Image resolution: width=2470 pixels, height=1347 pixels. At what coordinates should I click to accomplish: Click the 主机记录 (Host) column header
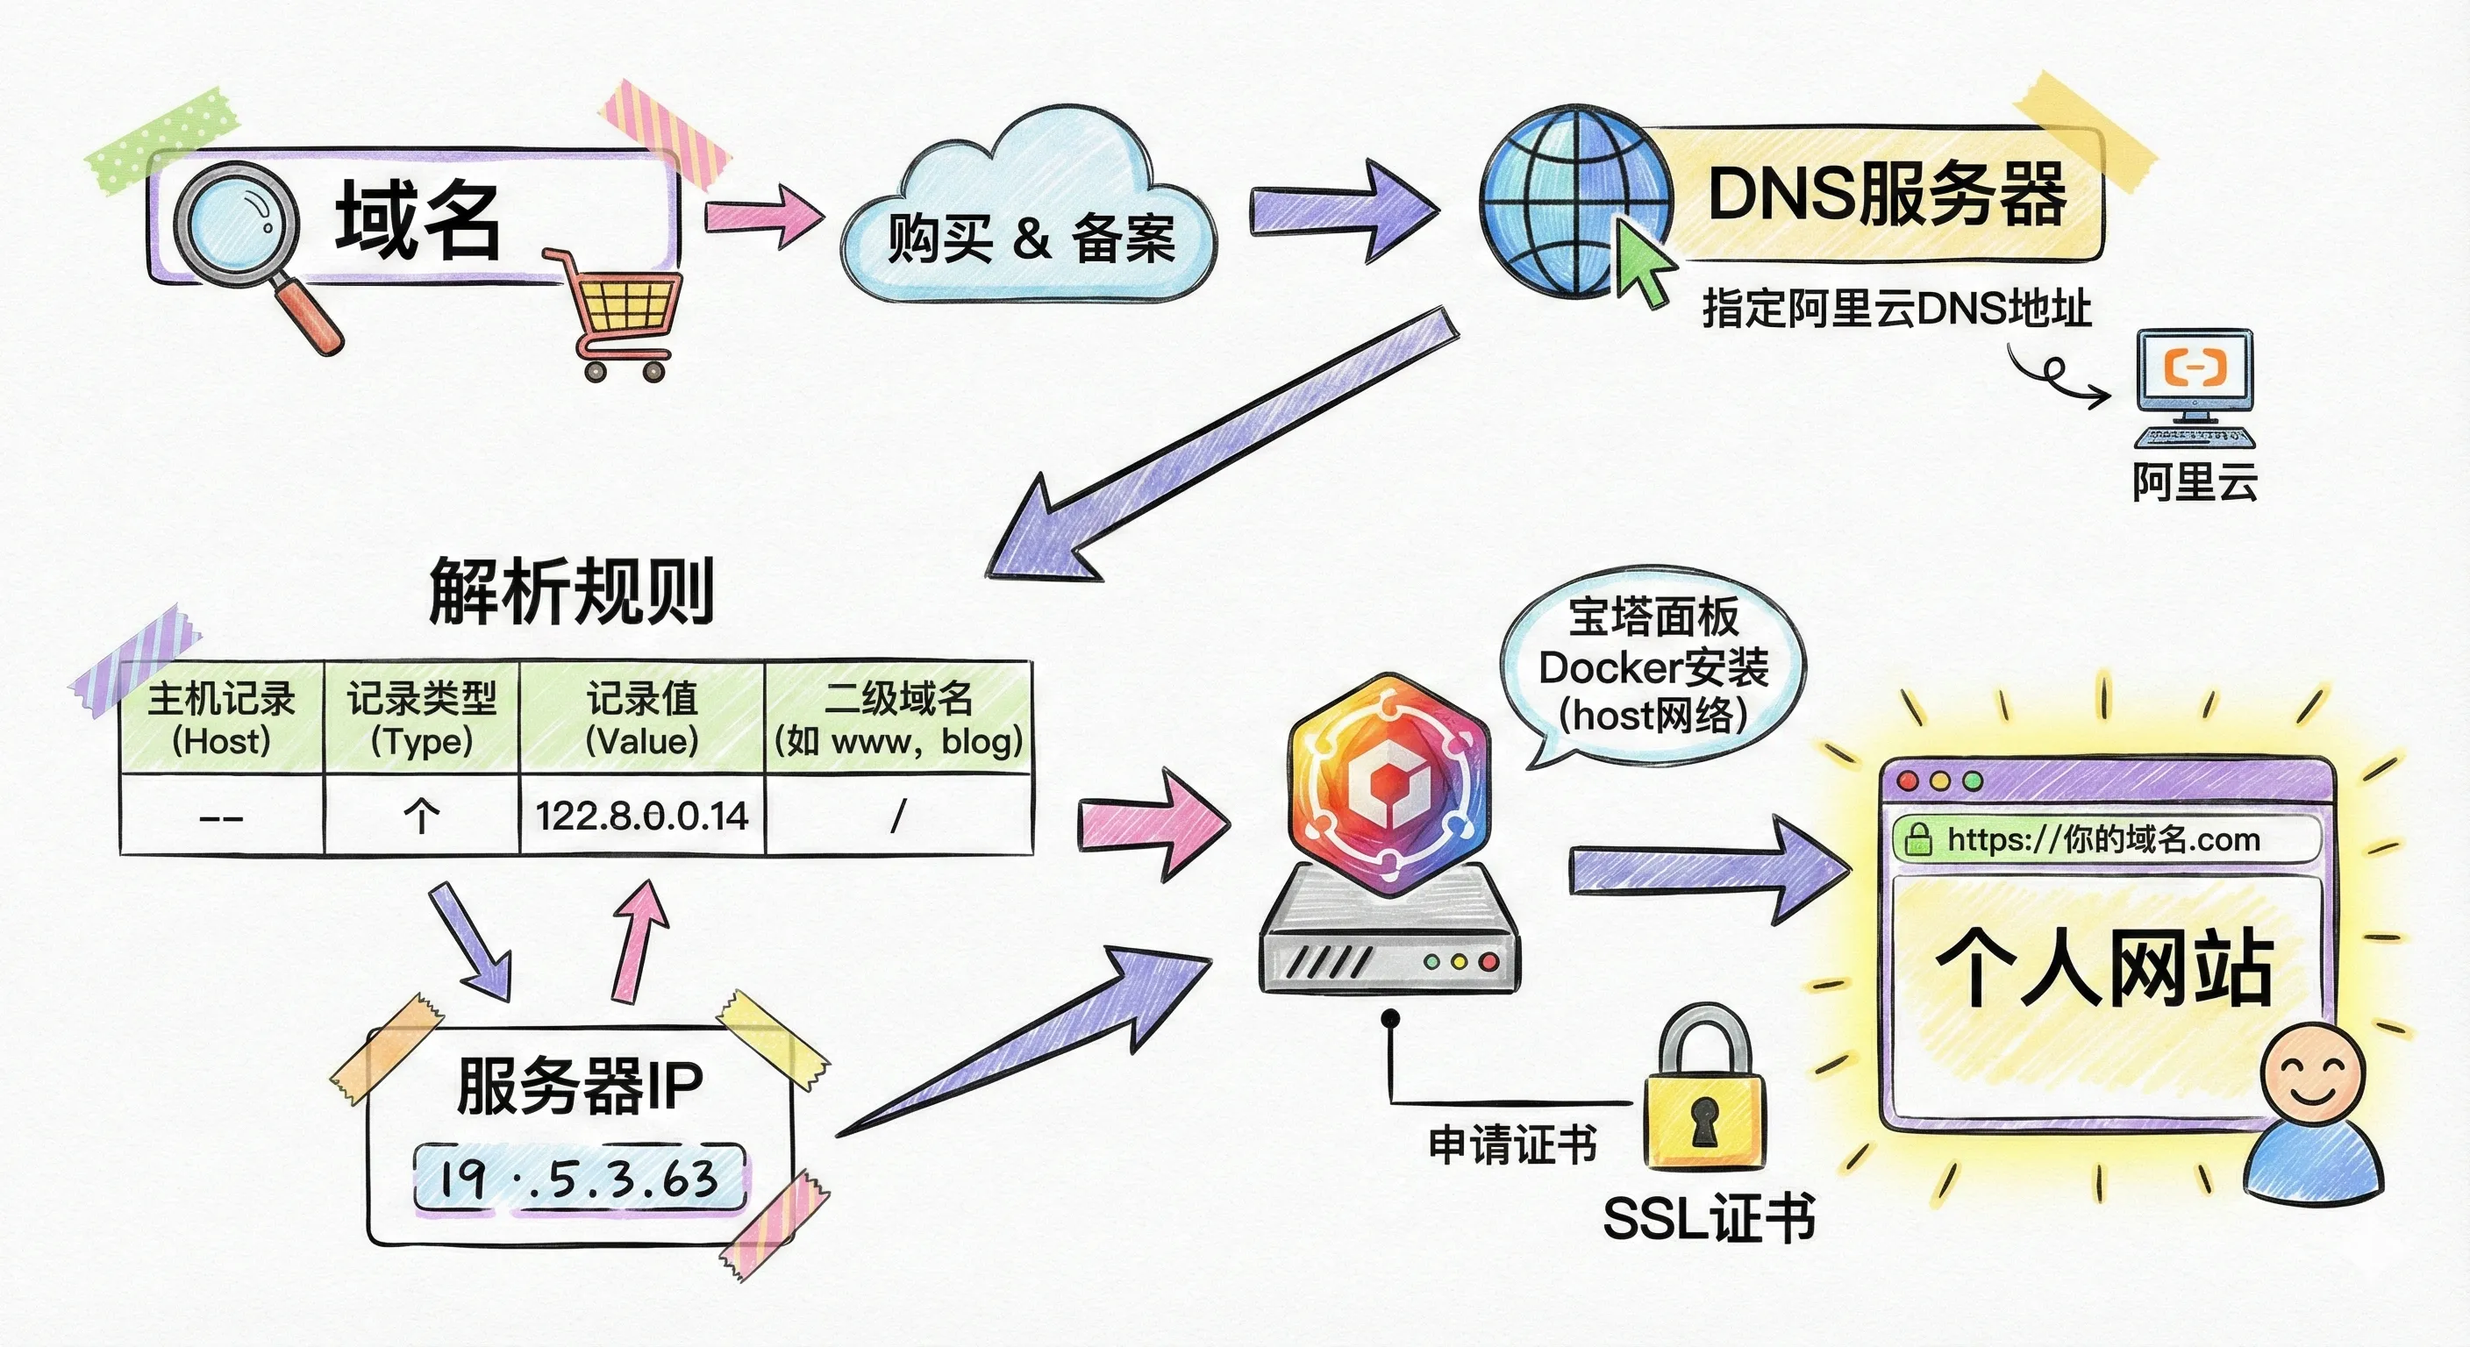point(222,718)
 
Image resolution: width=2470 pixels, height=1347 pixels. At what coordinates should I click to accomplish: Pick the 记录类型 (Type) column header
point(422,718)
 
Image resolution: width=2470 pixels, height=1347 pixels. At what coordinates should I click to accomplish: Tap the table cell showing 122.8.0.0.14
point(641,816)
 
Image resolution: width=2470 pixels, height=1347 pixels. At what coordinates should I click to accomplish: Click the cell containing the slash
point(898,816)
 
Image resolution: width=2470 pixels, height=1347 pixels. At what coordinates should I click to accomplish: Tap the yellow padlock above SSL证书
point(1704,1102)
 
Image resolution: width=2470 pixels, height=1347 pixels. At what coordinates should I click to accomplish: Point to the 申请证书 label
point(1512,1144)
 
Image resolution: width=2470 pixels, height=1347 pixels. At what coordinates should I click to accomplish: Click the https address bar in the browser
point(2105,840)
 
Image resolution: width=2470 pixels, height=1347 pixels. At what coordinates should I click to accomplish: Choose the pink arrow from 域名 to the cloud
point(763,215)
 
